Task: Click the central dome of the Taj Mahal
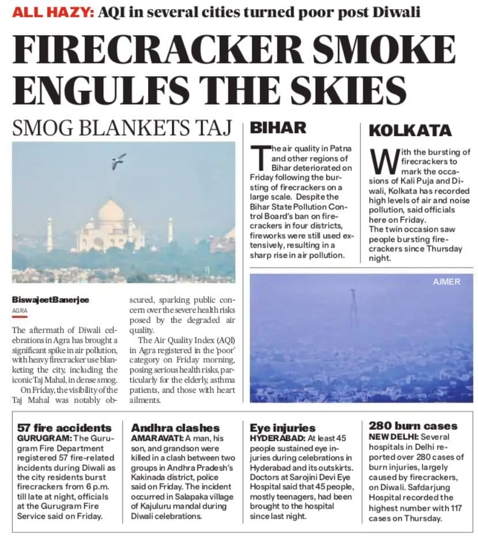coord(111,211)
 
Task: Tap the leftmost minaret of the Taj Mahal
coord(50,234)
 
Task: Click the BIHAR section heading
coord(279,127)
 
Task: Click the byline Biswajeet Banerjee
coord(51,300)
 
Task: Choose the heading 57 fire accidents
coord(64,427)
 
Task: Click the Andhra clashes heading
coord(175,427)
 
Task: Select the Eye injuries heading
coord(283,427)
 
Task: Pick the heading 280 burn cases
coord(413,426)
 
